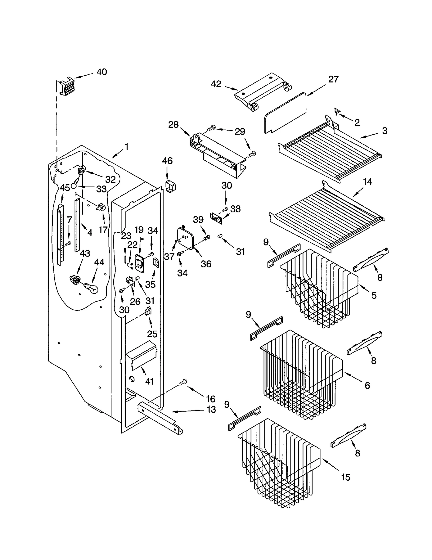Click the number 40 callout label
tap(102, 72)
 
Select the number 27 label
tap(333, 79)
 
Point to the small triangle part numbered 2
tap(337, 111)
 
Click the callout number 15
tap(346, 477)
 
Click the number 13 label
tap(211, 409)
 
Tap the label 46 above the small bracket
tap(167, 161)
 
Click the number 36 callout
tap(206, 264)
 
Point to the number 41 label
tap(149, 381)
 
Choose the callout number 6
tap(367, 385)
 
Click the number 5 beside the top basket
tap(374, 295)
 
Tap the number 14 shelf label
tap(367, 182)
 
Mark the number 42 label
tap(216, 84)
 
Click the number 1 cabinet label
tap(126, 147)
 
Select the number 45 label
tap(65, 188)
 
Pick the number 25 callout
tap(152, 334)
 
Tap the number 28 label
tap(173, 125)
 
